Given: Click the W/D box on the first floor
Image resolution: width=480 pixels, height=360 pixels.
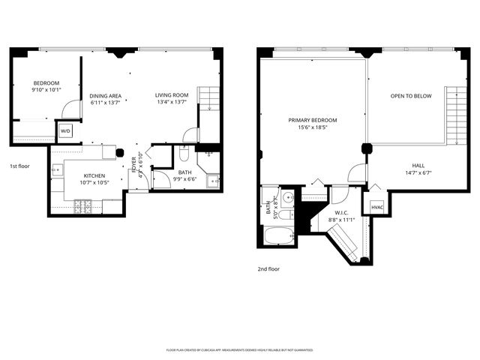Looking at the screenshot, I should [x=64, y=131].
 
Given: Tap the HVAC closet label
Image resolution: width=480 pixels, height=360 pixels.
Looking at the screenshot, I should [x=376, y=207].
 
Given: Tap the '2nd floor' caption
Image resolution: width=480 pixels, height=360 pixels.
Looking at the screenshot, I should [x=268, y=268].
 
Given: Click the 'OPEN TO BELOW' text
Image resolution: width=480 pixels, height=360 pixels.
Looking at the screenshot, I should [x=411, y=96].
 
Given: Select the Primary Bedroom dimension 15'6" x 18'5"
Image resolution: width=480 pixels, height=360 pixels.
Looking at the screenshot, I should [x=313, y=128].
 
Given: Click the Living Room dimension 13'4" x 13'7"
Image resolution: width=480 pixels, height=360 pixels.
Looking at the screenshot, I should [x=172, y=103].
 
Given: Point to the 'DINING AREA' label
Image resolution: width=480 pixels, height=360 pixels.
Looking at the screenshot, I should [x=106, y=96].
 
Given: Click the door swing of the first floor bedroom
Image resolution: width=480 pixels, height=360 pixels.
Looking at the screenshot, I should [x=71, y=109].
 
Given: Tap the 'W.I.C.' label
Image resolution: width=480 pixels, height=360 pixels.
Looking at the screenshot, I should [x=343, y=213].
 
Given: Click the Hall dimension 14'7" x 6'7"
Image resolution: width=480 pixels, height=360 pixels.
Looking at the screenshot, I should [x=417, y=172].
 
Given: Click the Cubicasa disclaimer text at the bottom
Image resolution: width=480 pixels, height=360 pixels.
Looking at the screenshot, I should [x=239, y=349].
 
